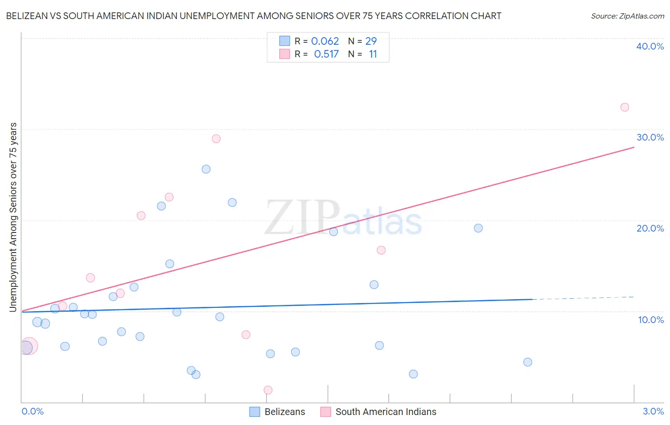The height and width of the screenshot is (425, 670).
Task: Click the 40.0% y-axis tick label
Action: coord(650,46)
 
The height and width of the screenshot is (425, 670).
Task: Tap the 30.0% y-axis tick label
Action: coord(650,137)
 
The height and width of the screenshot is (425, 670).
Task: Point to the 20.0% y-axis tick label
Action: coord(650,228)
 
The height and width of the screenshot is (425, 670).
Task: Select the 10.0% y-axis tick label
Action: coord(651,320)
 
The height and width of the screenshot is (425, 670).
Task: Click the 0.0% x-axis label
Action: coord(32,411)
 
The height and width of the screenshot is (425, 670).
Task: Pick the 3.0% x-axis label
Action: coord(653,411)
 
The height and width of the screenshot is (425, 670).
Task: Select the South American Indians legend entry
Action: coord(379,412)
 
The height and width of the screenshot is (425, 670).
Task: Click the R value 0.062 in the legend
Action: coord(325,41)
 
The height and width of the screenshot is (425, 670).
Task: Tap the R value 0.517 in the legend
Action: coord(326,54)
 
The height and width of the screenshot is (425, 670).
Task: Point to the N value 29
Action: coord(371,41)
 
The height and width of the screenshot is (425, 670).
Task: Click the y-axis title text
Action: coord(13,217)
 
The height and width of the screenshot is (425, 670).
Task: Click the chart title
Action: coord(254,16)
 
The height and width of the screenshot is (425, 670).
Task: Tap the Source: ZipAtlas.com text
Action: coord(627,16)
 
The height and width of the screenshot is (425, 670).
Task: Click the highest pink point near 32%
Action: coord(625,107)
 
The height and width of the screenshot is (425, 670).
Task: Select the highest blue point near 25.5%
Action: coord(206,169)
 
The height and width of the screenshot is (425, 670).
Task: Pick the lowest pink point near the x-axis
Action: coord(268,390)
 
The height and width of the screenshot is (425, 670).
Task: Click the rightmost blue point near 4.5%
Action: coord(528,362)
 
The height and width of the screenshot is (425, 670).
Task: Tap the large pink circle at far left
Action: coord(29,346)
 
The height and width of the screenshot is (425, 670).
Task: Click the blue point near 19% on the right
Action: coord(478,228)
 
